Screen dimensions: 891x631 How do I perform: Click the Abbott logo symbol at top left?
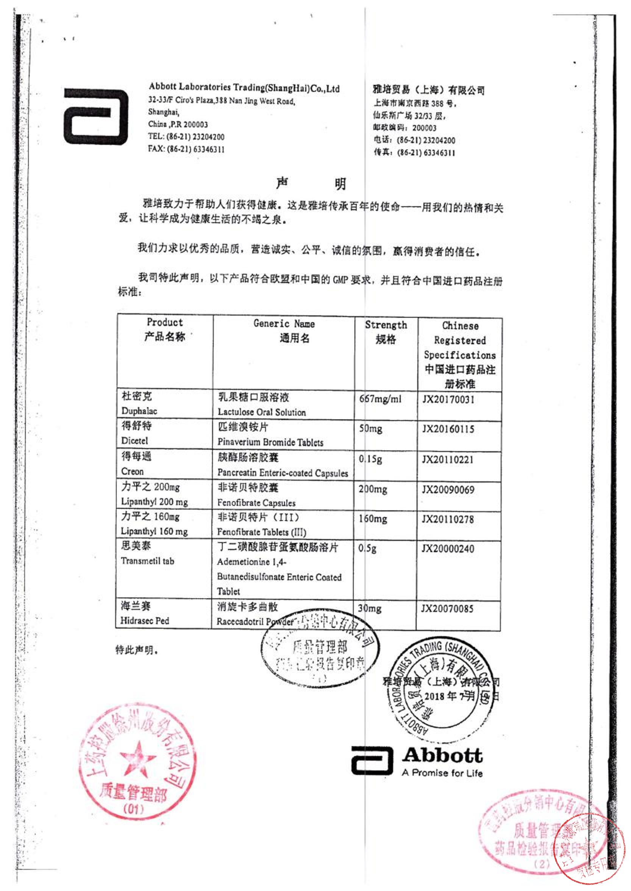(x=95, y=117)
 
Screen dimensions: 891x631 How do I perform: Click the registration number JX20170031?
(x=448, y=400)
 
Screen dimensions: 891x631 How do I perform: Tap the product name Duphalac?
(x=139, y=411)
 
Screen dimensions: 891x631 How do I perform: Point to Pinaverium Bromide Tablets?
(x=270, y=442)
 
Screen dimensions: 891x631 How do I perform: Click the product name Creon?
(x=132, y=471)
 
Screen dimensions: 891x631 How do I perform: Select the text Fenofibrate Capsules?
(x=256, y=503)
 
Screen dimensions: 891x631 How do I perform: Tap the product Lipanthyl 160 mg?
(x=154, y=531)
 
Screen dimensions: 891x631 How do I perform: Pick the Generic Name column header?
(x=284, y=323)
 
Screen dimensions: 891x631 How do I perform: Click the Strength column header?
(x=386, y=325)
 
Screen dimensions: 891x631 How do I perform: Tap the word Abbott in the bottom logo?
(x=442, y=755)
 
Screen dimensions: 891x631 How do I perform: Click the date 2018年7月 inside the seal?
(x=449, y=696)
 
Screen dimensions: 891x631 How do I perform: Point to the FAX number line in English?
(x=186, y=149)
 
